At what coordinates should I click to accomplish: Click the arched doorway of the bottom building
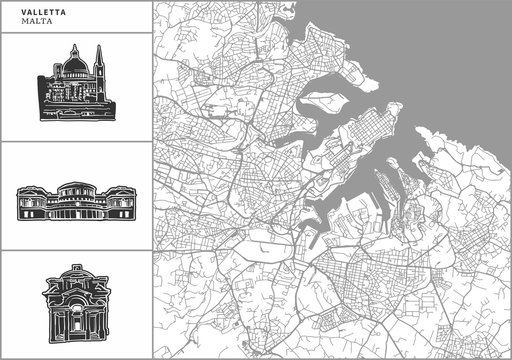tap(74, 320)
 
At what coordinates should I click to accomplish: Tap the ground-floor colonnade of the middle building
tap(74, 213)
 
